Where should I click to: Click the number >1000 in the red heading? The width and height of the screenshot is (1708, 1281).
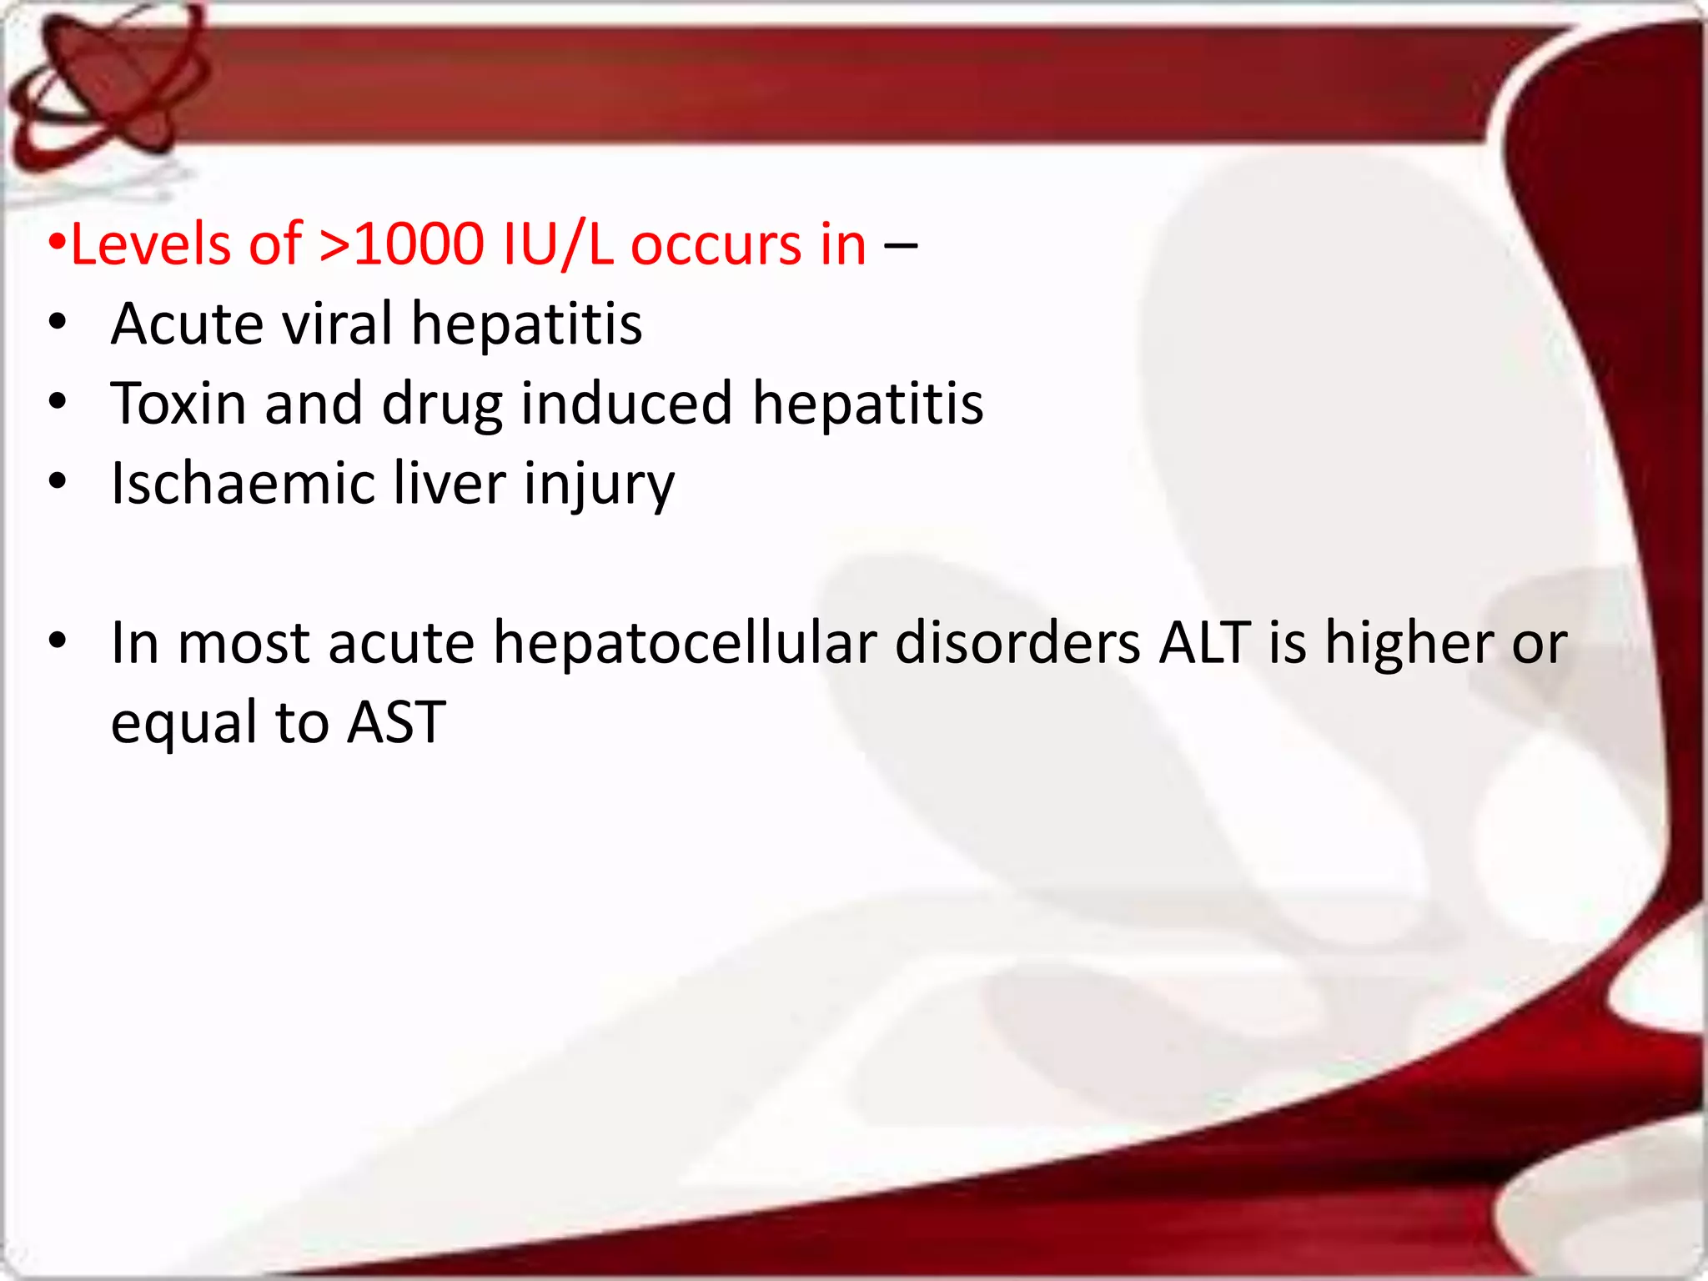point(401,245)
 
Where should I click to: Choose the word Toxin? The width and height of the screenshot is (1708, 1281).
point(178,404)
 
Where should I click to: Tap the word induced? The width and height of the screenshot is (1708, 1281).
point(626,404)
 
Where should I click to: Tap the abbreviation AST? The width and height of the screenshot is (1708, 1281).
point(396,722)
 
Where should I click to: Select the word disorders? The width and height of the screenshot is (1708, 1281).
point(1018,644)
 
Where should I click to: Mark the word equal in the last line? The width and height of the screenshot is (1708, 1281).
point(184,724)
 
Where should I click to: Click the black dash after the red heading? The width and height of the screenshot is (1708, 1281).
point(901,245)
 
